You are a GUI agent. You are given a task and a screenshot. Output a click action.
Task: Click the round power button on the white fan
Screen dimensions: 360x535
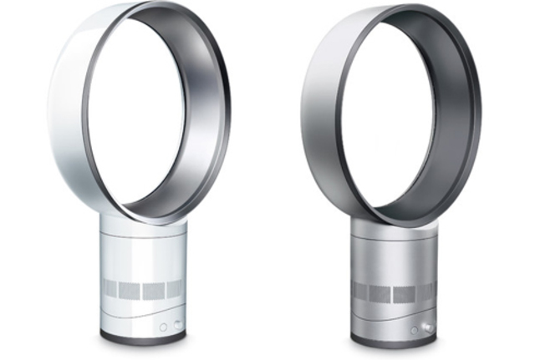point(163,327)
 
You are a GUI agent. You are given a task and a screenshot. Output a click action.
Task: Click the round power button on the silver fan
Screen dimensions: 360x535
point(414,330)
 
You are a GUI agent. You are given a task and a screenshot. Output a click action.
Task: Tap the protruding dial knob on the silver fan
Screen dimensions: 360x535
point(428,328)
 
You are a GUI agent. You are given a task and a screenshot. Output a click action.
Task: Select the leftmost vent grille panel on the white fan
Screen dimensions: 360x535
point(113,289)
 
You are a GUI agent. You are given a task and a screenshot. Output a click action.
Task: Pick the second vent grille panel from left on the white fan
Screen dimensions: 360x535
point(132,290)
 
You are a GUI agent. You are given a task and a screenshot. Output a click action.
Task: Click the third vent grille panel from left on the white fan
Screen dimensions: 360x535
point(154,290)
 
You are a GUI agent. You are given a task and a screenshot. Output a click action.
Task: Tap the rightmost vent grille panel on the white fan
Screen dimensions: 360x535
point(173,289)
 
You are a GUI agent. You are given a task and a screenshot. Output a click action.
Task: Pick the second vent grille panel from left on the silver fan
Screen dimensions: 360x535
point(383,293)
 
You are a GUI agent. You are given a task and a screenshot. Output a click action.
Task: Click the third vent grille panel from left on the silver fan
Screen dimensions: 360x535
point(405,293)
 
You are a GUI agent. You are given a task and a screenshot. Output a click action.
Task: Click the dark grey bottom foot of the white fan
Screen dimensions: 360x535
point(142,337)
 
